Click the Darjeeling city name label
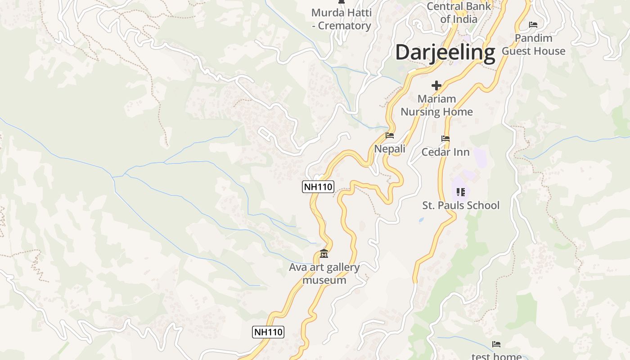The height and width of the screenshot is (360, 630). [445, 52]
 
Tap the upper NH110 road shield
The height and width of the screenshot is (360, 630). [318, 186]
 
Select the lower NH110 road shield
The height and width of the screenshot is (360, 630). [268, 332]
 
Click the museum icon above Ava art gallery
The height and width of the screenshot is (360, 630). [324, 254]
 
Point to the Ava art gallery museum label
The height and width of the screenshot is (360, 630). [324, 274]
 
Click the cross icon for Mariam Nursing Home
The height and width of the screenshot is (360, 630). [436, 85]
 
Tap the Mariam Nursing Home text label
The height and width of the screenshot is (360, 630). [436, 105]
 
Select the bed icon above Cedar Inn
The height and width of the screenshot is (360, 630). [445, 139]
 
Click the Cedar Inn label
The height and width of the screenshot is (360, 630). [445, 152]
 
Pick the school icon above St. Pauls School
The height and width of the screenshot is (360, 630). [460, 192]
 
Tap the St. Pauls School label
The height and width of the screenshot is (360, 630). [461, 205]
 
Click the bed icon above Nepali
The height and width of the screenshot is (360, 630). [390, 135]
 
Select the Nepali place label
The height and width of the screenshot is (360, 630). [390, 148]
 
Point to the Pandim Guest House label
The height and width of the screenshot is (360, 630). [533, 45]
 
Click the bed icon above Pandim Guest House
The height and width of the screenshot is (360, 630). [533, 24]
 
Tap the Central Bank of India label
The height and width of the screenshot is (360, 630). [459, 13]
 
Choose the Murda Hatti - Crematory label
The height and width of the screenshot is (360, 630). [342, 19]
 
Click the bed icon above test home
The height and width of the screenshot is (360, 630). [496, 344]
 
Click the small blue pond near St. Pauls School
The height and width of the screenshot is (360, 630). [421, 220]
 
